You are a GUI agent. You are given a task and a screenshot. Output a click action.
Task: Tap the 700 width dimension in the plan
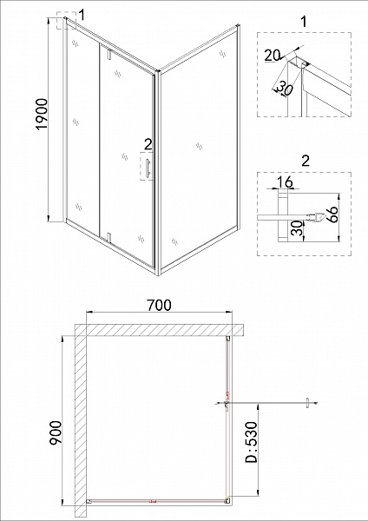pos(158,305)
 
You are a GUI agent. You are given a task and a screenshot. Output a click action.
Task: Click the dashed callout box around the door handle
pos(148,167)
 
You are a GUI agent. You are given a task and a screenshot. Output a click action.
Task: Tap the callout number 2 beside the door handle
pos(148,143)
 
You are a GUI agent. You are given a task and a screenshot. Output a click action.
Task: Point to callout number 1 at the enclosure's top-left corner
pos(82,13)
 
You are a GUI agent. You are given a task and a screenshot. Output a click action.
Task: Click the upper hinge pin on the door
pos(107,55)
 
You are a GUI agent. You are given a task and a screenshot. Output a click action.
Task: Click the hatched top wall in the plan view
pos(156,329)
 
